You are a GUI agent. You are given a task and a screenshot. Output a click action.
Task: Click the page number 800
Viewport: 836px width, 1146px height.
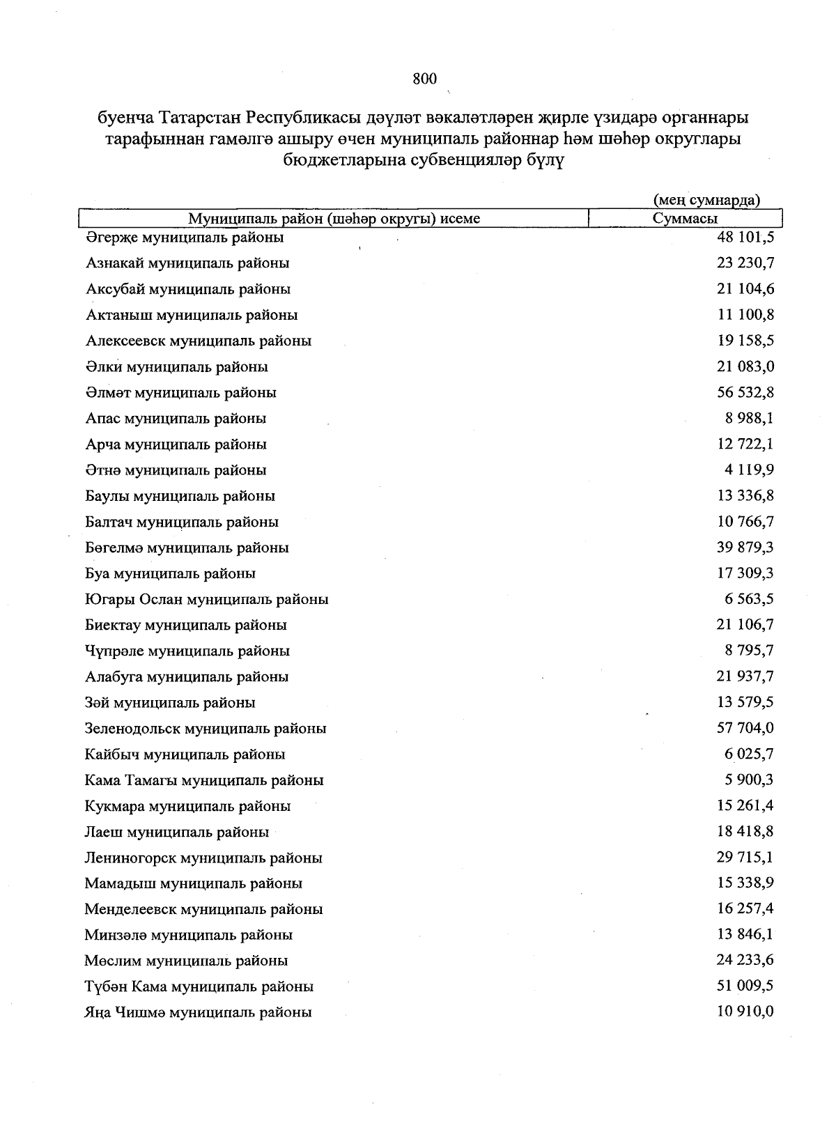424,79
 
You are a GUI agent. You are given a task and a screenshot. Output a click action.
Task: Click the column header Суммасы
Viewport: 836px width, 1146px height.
685,219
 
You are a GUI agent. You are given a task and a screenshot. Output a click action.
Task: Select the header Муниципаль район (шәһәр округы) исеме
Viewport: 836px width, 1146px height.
334,219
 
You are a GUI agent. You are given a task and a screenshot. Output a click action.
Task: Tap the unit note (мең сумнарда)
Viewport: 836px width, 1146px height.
706,201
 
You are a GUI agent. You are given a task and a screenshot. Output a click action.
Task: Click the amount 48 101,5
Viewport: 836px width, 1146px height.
745,237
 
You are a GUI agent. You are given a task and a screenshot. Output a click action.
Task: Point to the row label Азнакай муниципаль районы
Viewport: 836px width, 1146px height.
187,263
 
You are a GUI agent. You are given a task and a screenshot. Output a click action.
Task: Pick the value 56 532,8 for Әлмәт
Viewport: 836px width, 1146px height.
745,392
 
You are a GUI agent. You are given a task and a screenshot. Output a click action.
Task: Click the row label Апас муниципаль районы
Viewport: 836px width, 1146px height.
176,419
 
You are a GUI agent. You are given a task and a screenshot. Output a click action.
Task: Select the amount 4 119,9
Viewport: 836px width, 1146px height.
749,470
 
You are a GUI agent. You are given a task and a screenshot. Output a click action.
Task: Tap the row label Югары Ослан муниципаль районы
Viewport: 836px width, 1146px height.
206,600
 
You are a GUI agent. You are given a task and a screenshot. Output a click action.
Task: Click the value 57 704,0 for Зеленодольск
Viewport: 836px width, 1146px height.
745,728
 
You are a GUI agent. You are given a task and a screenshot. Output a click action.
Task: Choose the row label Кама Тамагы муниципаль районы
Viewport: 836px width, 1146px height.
204,780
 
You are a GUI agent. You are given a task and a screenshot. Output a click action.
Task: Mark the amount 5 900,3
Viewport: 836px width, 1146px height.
749,780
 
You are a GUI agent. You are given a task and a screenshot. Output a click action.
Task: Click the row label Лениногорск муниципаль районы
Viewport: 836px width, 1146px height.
203,858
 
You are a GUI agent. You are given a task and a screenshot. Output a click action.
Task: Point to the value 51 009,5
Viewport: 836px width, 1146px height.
745,986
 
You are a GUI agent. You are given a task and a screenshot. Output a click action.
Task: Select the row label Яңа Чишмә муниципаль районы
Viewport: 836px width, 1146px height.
198,1012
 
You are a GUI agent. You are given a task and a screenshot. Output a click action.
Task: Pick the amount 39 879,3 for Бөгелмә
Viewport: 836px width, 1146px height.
745,548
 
